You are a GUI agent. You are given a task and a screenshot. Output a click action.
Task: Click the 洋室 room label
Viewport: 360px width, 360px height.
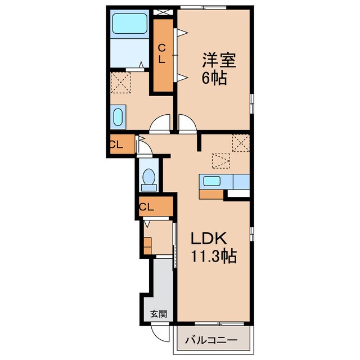[219, 60]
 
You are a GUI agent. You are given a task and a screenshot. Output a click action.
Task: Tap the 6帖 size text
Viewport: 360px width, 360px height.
[214, 78]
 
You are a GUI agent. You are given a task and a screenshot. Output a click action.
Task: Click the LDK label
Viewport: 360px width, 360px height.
[209, 238]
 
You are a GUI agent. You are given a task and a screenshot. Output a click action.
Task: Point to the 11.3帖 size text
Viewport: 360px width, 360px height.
[214, 256]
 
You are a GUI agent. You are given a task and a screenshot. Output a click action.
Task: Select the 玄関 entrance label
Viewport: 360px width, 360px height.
[159, 314]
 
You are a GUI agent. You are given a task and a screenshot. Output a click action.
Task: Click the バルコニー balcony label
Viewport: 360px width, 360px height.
[211, 340]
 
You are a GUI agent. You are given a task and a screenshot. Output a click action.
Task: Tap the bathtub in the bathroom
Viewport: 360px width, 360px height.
[129, 24]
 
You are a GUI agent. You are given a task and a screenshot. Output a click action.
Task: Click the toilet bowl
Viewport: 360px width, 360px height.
[149, 177]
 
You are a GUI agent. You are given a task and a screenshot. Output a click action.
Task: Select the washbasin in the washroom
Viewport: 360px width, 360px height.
[118, 117]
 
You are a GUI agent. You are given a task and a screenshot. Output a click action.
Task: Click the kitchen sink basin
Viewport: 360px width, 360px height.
[212, 181]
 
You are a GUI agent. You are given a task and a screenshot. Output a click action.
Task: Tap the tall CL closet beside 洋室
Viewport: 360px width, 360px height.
[163, 55]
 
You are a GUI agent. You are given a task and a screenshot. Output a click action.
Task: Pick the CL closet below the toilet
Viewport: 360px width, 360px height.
[156, 206]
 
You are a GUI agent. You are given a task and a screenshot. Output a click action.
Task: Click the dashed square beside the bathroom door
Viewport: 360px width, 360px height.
[120, 83]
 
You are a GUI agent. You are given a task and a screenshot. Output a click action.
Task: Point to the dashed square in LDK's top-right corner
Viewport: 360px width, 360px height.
[241, 143]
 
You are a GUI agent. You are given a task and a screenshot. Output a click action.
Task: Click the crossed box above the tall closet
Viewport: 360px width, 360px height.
[163, 12]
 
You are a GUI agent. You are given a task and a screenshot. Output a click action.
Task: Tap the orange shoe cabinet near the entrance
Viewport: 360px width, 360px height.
[147, 246]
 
